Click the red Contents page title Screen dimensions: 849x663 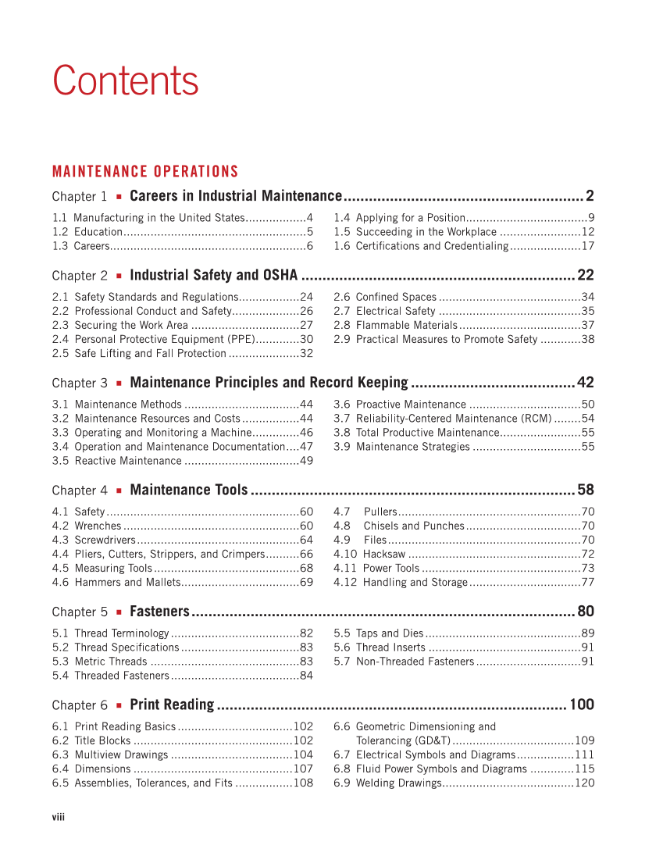point(125,81)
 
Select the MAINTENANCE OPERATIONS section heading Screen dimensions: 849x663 point(145,172)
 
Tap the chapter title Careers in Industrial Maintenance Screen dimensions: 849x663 point(236,196)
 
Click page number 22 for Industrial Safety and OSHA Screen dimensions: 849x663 point(585,275)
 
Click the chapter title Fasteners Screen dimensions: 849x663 point(159,612)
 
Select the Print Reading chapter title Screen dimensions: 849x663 point(172,705)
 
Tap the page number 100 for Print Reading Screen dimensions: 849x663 point(582,705)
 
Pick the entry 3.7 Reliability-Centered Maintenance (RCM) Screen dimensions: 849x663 point(454,419)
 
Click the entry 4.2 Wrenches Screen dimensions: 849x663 point(87,526)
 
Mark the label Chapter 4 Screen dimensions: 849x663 point(80,490)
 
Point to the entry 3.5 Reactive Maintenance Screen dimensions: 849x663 point(117,461)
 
